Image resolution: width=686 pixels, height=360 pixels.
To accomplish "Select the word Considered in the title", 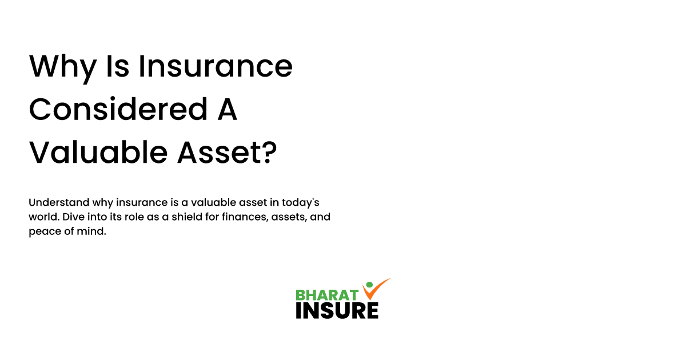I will (x=118, y=110).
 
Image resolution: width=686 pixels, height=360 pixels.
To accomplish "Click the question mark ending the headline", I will (x=270, y=153).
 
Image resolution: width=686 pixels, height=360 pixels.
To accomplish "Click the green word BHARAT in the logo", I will (x=327, y=295).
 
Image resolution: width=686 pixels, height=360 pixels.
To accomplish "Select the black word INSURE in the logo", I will (x=337, y=310).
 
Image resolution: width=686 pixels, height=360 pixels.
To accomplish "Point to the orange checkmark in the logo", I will (x=374, y=290).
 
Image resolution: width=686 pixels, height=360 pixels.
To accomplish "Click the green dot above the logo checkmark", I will (x=369, y=285).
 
